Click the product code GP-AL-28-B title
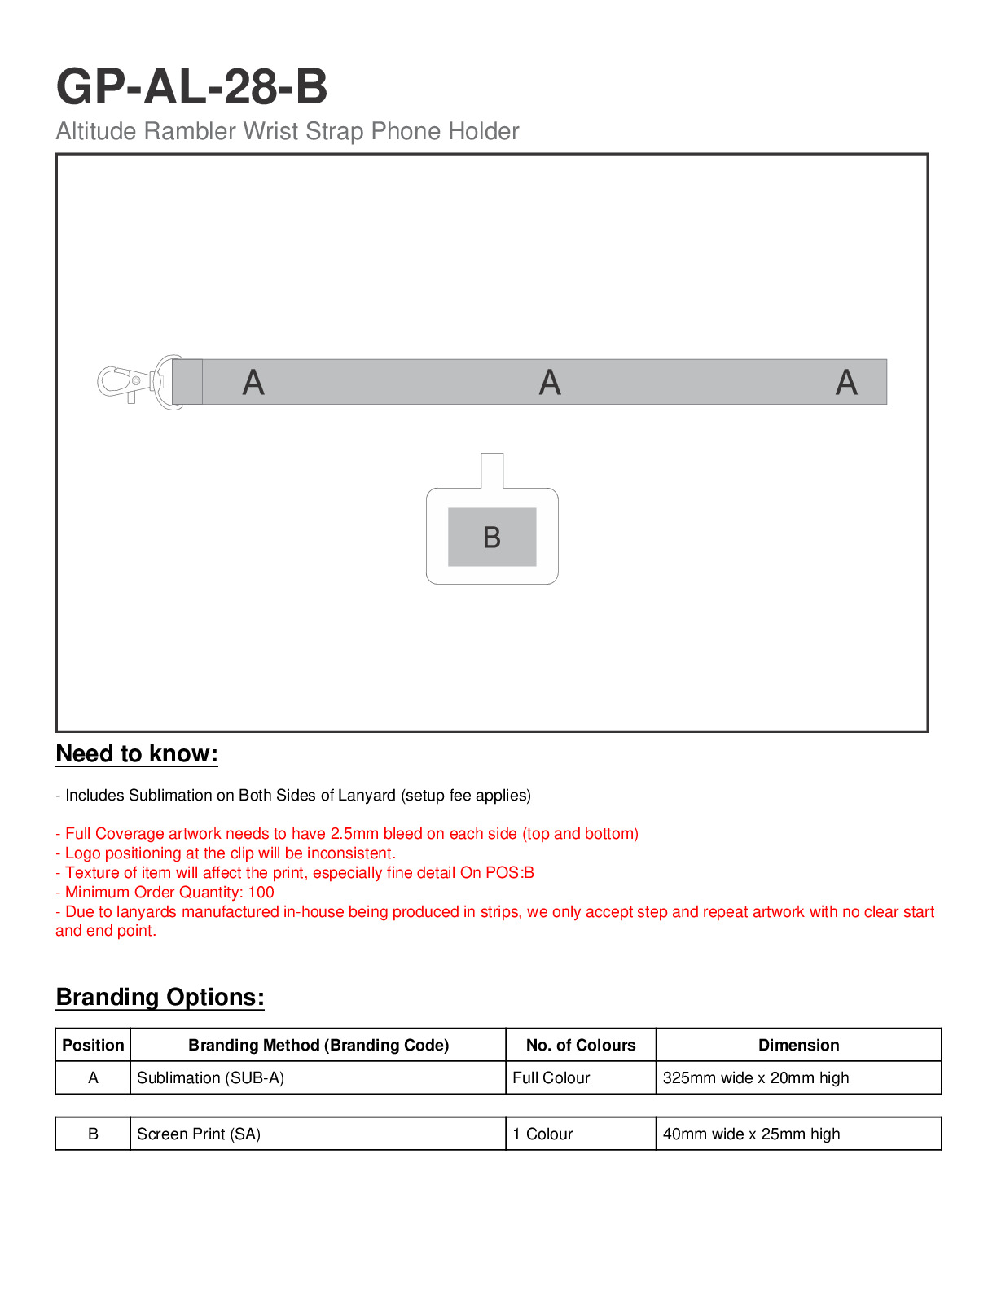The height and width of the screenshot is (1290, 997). [x=191, y=86]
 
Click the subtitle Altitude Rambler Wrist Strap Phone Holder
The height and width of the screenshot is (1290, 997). [x=287, y=131]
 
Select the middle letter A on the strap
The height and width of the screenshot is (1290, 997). [x=550, y=382]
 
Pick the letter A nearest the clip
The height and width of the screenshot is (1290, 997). [x=253, y=382]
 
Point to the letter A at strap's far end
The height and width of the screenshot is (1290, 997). [x=846, y=382]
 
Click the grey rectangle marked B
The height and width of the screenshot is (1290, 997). [x=492, y=537]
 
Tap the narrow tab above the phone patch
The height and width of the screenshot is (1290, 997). [x=492, y=471]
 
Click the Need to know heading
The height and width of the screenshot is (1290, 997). [x=137, y=753]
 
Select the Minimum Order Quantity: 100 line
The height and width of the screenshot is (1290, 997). [x=165, y=892]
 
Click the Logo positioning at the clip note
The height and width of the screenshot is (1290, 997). [x=226, y=853]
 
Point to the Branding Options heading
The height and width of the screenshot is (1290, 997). [x=160, y=997]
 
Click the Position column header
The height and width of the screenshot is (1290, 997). [x=93, y=1045]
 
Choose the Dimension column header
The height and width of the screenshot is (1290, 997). [x=798, y=1045]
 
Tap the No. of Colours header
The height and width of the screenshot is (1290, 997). [x=581, y=1045]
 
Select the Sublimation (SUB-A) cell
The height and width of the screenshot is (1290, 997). [x=210, y=1077]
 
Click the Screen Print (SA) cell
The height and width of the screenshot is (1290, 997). [x=199, y=1134]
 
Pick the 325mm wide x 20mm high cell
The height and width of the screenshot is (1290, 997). [x=756, y=1077]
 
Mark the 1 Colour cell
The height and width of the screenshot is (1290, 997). [x=542, y=1134]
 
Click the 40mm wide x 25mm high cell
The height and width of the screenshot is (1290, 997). [x=751, y=1134]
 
